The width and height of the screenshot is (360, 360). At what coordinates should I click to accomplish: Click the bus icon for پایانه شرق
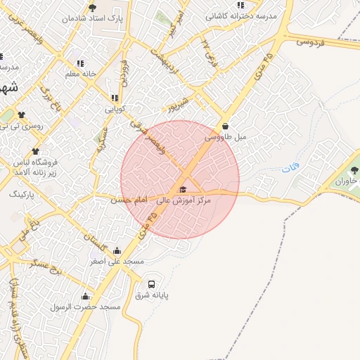(151, 284)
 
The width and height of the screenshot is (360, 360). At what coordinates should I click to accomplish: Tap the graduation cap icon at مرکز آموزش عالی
(183, 190)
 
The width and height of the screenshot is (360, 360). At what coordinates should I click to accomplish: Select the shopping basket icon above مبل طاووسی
(225, 127)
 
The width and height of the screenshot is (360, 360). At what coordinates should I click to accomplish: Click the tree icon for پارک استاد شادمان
(92, 8)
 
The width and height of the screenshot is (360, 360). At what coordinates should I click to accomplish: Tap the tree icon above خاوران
(354, 170)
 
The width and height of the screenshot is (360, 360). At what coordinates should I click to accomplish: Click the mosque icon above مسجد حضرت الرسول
(86, 296)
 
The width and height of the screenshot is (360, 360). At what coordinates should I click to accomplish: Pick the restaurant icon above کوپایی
(114, 98)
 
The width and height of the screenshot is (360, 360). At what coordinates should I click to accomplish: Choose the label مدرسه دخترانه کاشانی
(241, 15)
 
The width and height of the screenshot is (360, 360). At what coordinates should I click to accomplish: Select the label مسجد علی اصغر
(117, 261)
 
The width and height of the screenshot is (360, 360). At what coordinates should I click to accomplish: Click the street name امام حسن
(127, 200)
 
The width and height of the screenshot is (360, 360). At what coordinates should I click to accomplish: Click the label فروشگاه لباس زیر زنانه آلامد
(40, 167)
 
